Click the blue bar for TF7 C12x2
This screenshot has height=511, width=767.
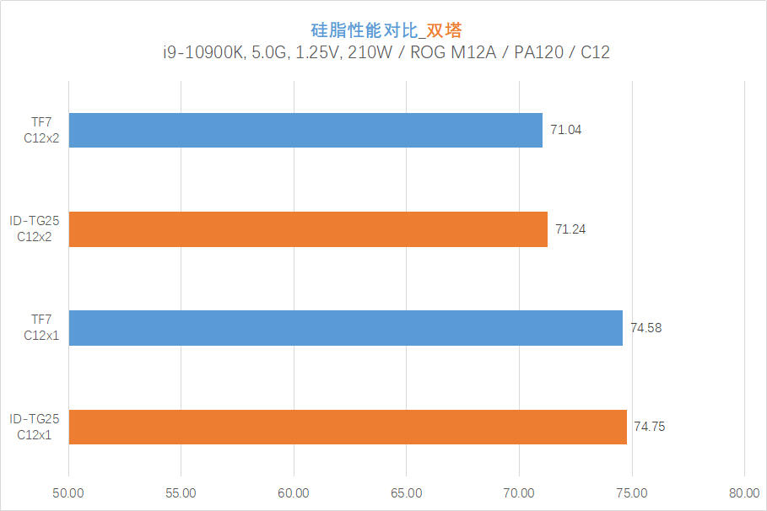pos(305,130)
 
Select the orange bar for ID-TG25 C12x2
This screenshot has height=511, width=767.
pos(308,229)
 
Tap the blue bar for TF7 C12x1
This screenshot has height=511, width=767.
pos(346,328)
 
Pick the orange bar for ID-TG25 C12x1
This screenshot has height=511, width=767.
pos(348,427)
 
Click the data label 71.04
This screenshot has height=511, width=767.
pos(566,130)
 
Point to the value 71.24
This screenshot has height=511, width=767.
pos(570,229)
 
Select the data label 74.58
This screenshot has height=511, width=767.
pos(646,328)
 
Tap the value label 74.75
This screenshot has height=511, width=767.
pos(650,427)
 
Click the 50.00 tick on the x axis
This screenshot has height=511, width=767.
pos(68,493)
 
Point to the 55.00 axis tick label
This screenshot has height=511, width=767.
pos(181,493)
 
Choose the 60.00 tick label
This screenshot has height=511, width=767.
pos(294,493)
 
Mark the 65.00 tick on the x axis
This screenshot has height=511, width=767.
pos(406,493)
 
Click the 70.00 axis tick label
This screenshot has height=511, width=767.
pos(519,493)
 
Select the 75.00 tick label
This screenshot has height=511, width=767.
pos(631,493)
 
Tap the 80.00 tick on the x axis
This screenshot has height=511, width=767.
pos(744,493)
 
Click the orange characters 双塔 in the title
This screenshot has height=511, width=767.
pos(444,30)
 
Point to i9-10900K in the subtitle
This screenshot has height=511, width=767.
pos(203,52)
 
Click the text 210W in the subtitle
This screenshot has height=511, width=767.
pos(370,52)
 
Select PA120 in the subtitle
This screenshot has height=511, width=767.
pos(538,52)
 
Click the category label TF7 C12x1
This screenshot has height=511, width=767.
pos(41,327)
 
